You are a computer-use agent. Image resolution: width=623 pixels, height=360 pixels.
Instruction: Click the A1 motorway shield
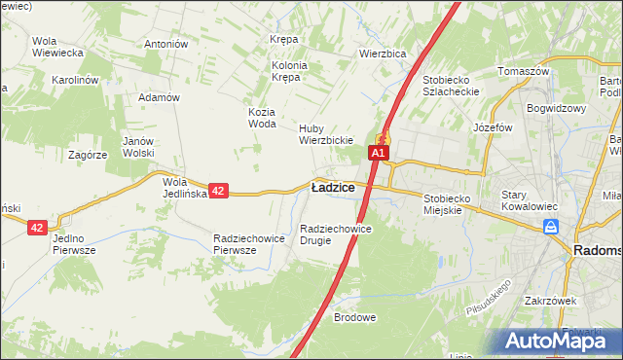point(378,153)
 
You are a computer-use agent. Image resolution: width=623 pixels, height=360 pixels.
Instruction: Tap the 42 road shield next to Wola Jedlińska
point(218,192)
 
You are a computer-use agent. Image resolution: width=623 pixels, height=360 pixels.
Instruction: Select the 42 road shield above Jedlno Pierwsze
point(37,227)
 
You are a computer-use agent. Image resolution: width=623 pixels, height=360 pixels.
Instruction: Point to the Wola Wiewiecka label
point(56,47)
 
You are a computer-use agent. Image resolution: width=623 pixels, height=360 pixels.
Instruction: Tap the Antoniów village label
point(165,44)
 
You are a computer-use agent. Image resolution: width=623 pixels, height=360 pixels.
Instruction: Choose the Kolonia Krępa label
point(289,71)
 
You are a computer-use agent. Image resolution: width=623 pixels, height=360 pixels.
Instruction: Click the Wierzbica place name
point(382,54)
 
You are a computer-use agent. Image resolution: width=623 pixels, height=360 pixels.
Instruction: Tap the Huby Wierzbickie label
point(325,133)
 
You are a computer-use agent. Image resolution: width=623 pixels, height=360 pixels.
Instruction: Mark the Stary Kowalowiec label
point(528,200)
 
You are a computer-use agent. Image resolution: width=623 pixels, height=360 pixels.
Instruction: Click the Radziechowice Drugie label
point(336,234)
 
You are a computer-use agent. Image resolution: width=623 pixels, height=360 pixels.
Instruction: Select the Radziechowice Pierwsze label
point(247,244)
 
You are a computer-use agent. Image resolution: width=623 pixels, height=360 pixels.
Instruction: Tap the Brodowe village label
point(354,317)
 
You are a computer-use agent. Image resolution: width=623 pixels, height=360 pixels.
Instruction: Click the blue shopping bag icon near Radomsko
point(551,227)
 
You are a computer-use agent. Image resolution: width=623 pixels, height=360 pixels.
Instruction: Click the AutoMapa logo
point(557,342)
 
